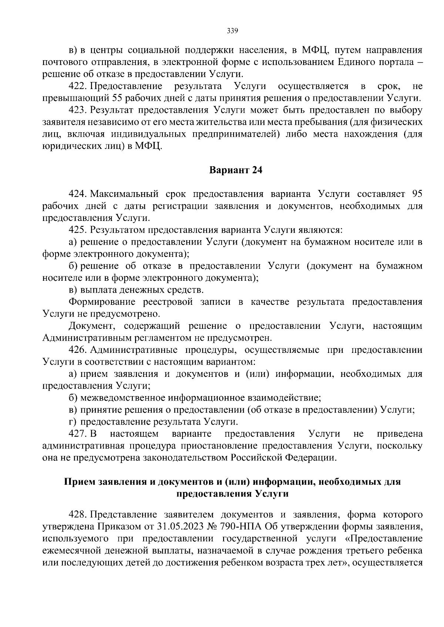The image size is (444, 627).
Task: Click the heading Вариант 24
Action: [236, 170]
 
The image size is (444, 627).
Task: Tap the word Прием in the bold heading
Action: [79, 482]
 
